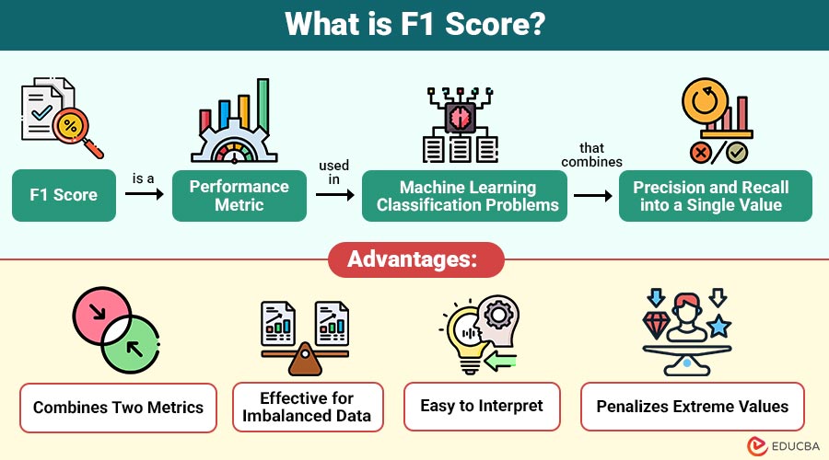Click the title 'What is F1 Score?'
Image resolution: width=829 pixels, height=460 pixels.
414,24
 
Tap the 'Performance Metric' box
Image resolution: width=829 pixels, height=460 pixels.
239,196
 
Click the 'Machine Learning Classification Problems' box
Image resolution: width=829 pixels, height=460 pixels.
467,196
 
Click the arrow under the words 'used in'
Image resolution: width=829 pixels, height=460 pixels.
333,196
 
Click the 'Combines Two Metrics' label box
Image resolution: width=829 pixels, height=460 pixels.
119,407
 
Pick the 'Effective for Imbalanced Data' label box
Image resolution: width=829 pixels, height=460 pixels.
308,407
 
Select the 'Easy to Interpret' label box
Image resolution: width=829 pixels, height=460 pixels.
482,406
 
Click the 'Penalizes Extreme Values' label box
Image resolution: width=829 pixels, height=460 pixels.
693,406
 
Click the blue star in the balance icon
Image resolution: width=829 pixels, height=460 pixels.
718,327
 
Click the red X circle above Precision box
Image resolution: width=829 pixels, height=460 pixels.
702,152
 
